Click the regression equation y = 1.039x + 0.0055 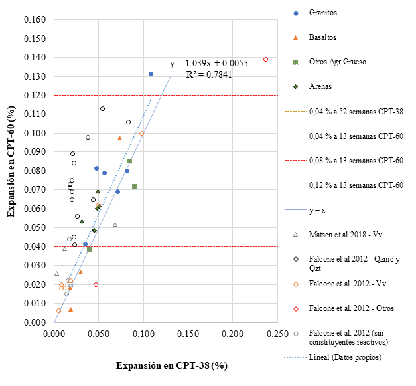pos(208,64)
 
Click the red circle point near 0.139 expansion pos(265,59)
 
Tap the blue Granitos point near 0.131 pos(151,74)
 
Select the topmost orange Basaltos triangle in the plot pos(120,138)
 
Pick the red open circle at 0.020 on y pos(96,284)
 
